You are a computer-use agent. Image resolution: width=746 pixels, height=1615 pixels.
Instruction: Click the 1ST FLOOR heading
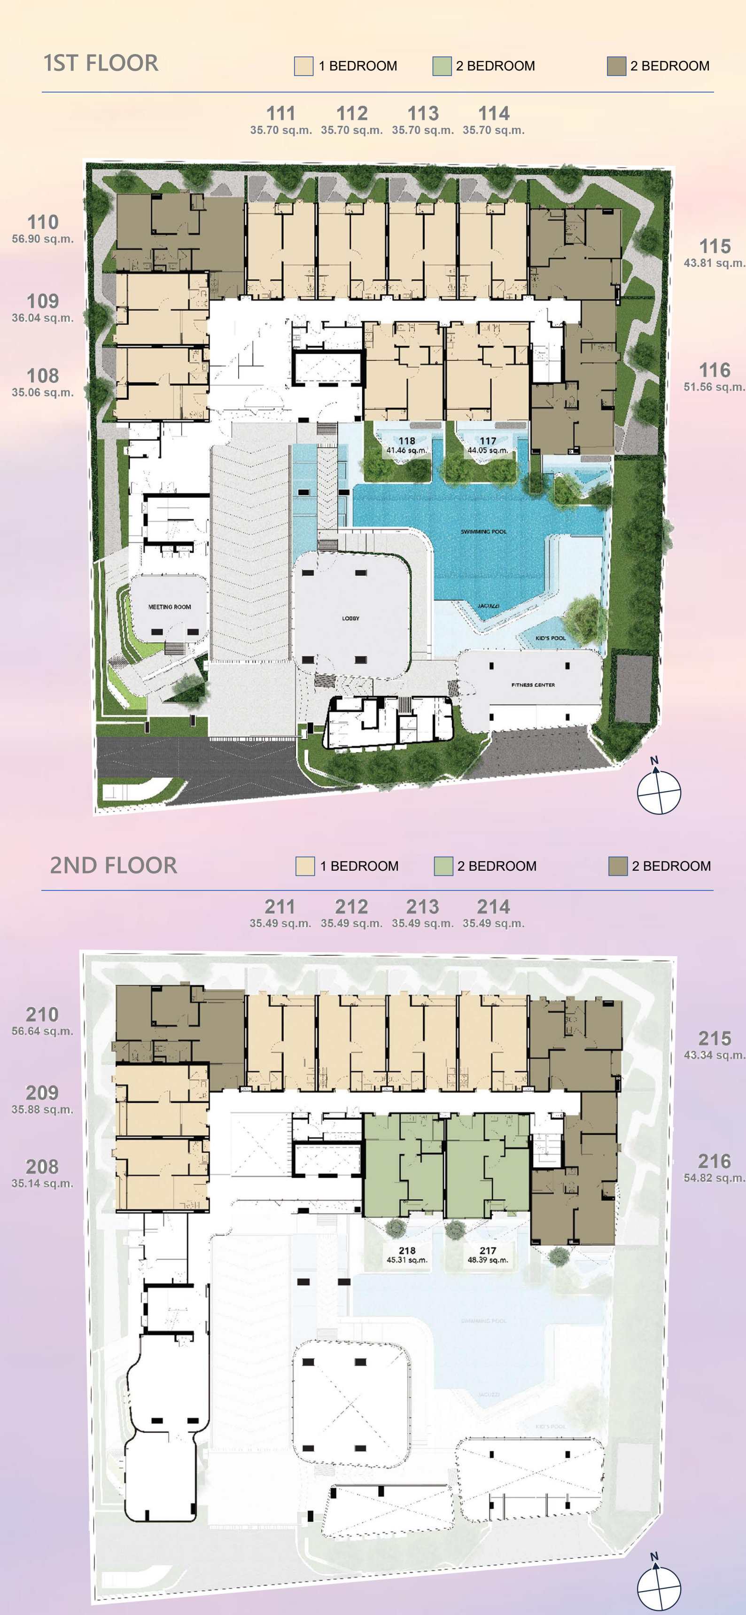[101, 63]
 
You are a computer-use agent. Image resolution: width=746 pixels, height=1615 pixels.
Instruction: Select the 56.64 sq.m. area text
[42, 1031]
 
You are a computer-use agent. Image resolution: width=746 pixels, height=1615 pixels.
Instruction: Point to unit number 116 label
[715, 370]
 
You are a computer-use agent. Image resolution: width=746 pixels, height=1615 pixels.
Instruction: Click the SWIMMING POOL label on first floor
[483, 531]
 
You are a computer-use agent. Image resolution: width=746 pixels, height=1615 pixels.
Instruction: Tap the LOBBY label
[350, 618]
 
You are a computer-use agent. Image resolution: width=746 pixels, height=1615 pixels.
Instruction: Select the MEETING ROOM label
[169, 607]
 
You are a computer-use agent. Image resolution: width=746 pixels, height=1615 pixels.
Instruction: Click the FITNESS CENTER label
[533, 685]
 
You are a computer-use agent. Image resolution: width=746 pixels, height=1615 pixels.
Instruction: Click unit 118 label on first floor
[407, 441]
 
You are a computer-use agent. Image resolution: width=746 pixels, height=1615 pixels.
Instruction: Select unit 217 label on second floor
[488, 1251]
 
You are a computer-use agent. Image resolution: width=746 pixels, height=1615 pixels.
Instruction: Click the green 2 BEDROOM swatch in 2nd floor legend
[443, 866]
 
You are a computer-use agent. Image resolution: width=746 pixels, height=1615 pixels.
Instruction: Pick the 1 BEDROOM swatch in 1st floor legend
[304, 66]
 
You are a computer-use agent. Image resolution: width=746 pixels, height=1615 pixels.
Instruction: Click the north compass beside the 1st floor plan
[658, 790]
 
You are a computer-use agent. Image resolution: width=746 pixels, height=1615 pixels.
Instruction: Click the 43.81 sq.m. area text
[714, 263]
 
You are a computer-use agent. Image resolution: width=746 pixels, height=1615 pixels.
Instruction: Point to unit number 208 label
[42, 1167]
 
